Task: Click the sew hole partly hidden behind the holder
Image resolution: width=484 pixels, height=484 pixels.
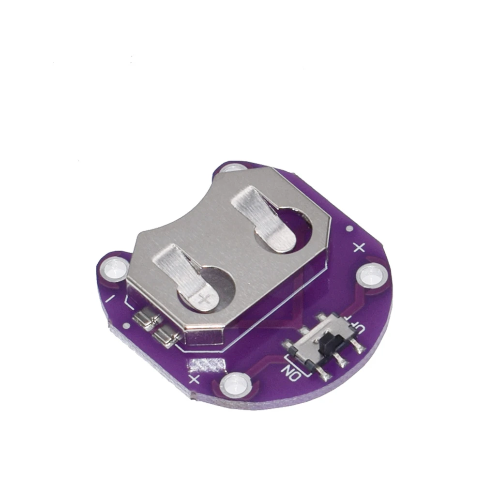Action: tap(231, 169)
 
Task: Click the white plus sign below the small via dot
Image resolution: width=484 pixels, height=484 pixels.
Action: tap(359, 248)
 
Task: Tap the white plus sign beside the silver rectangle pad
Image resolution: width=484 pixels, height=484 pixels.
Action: tap(195, 378)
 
